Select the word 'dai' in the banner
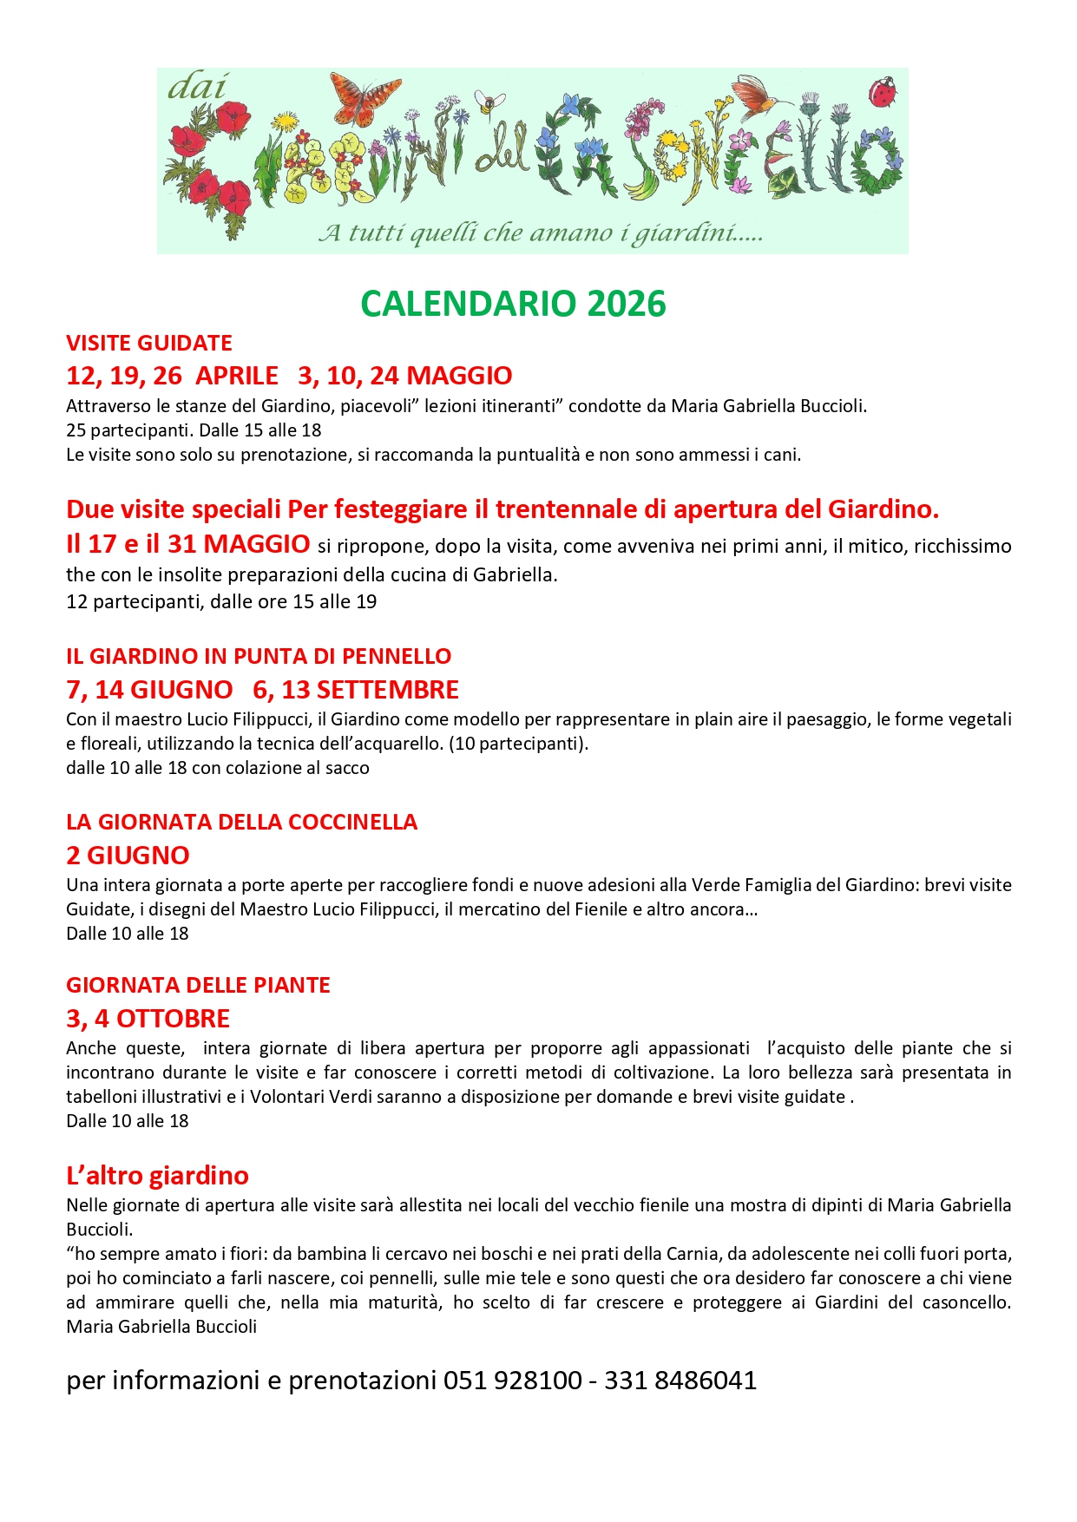tap(197, 87)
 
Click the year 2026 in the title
tap(626, 304)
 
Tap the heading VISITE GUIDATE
tap(149, 343)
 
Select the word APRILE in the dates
tap(237, 376)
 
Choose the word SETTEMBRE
tap(387, 690)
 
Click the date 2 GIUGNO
tap(128, 856)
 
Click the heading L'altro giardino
tap(157, 1176)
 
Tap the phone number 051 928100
tap(512, 1381)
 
